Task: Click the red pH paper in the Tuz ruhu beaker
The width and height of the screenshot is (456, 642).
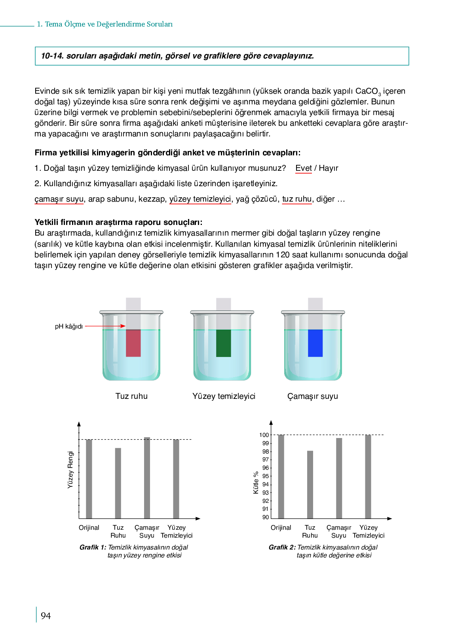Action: [133, 343]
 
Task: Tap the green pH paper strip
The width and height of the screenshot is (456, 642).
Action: [224, 343]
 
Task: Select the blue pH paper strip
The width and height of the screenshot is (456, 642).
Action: [315, 343]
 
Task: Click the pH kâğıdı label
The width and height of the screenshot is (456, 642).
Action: [69, 327]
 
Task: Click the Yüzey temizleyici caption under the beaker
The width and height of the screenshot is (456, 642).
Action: [224, 396]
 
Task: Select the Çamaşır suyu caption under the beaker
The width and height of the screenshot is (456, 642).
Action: [313, 396]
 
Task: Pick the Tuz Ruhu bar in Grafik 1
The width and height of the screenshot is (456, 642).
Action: [118, 483]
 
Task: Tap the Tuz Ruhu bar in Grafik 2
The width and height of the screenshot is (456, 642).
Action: [310, 484]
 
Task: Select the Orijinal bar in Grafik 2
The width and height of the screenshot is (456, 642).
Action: [281, 476]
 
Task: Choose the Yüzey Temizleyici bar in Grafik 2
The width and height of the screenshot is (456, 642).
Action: [368, 476]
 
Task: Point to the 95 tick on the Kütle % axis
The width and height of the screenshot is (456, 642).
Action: [266, 476]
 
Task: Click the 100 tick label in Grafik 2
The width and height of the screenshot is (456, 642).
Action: [264, 435]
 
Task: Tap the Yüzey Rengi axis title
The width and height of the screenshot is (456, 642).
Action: [70, 470]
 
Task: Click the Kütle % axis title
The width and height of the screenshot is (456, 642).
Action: [256, 482]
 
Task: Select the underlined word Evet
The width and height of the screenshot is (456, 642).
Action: [304, 168]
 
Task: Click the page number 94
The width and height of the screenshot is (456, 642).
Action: [46, 616]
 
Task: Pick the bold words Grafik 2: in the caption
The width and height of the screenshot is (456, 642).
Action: [282, 547]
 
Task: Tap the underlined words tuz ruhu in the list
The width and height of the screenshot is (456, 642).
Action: [297, 199]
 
